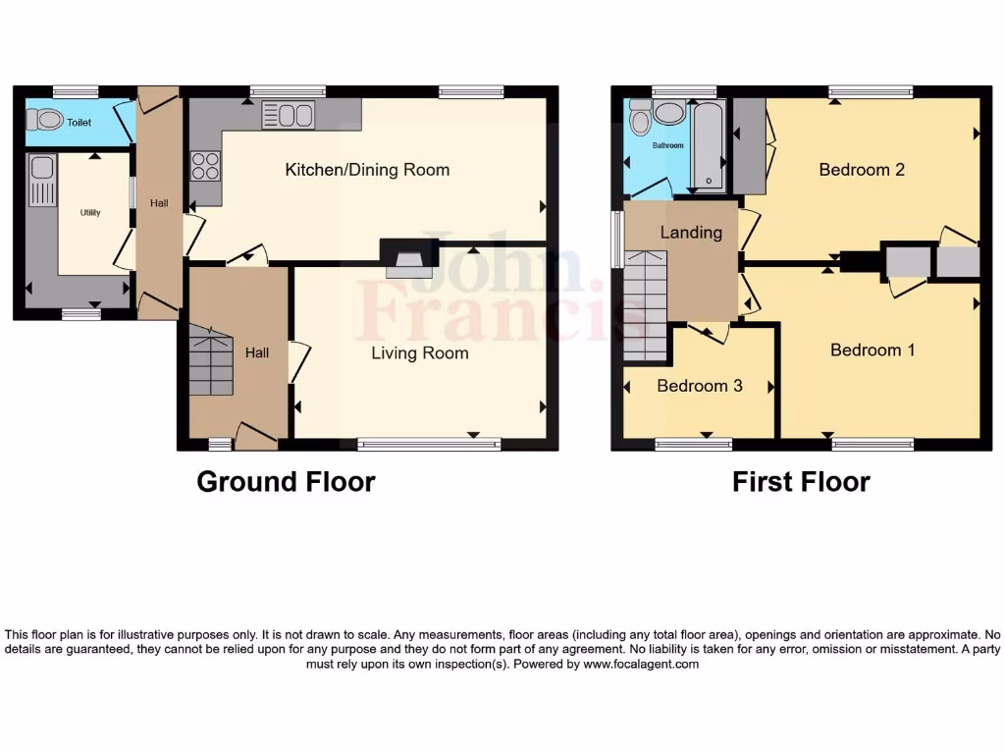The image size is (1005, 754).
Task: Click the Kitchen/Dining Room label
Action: coord(367,170)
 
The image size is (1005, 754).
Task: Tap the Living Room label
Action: coord(419,352)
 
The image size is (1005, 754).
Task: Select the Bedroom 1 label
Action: coord(873,350)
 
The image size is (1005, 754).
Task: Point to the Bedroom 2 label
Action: coord(862,170)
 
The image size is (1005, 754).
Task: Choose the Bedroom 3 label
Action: coord(699,386)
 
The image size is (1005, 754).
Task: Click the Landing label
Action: coord(691,233)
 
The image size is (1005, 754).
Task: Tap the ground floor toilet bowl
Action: coord(43,121)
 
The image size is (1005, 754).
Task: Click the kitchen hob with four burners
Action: coord(205,165)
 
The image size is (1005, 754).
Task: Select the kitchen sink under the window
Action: coord(287,116)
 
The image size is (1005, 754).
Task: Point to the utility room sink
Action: coord(42,183)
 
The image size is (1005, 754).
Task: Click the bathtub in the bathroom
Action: coord(708,145)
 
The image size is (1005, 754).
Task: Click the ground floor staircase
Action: coord(211,360)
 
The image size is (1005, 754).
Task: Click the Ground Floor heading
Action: coord(286,482)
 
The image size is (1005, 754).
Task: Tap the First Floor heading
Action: coord(801,482)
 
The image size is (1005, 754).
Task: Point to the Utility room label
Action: coord(90,212)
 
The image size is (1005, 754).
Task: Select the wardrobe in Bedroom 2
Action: coord(751,145)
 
